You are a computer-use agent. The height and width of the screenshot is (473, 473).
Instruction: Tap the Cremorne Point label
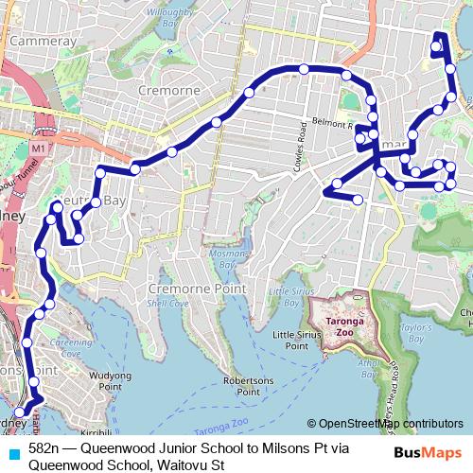tap(196, 288)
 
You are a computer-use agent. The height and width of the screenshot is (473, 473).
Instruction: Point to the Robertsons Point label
tap(248, 385)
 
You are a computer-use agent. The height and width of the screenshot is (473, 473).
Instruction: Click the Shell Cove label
tap(166, 303)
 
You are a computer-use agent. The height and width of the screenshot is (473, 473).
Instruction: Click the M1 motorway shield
tap(37, 149)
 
